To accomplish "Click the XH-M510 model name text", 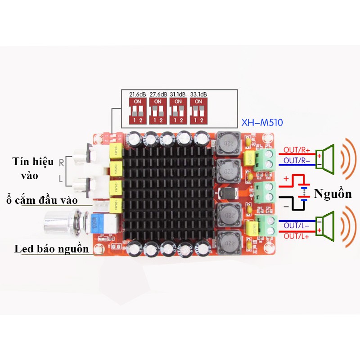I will point(262,122).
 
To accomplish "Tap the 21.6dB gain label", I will point(137,94).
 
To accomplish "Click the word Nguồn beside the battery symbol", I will point(333,194).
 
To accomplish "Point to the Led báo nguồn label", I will point(51,249).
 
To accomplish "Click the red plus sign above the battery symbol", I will point(286,179).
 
